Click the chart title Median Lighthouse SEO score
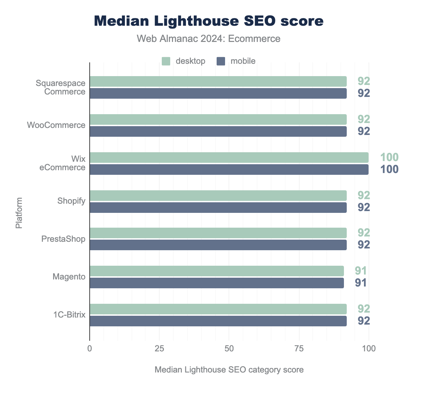(x=209, y=21)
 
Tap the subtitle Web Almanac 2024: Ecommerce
(x=209, y=38)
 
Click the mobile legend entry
(x=236, y=61)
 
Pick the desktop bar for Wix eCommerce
(x=229, y=158)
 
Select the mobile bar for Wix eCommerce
(x=229, y=170)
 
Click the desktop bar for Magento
(x=217, y=271)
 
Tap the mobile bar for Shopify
(x=218, y=208)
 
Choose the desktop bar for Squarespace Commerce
(x=218, y=81)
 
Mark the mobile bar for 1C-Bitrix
(x=218, y=321)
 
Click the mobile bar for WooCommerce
(x=218, y=131)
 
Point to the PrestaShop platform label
(x=63, y=239)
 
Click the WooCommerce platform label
(x=56, y=125)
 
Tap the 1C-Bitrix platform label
(x=69, y=315)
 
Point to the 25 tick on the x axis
(x=159, y=349)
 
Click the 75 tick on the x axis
(x=299, y=349)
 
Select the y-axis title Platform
(x=19, y=213)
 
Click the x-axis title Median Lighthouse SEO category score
(x=229, y=370)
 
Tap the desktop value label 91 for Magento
(x=361, y=271)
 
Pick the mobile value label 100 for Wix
(x=389, y=170)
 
